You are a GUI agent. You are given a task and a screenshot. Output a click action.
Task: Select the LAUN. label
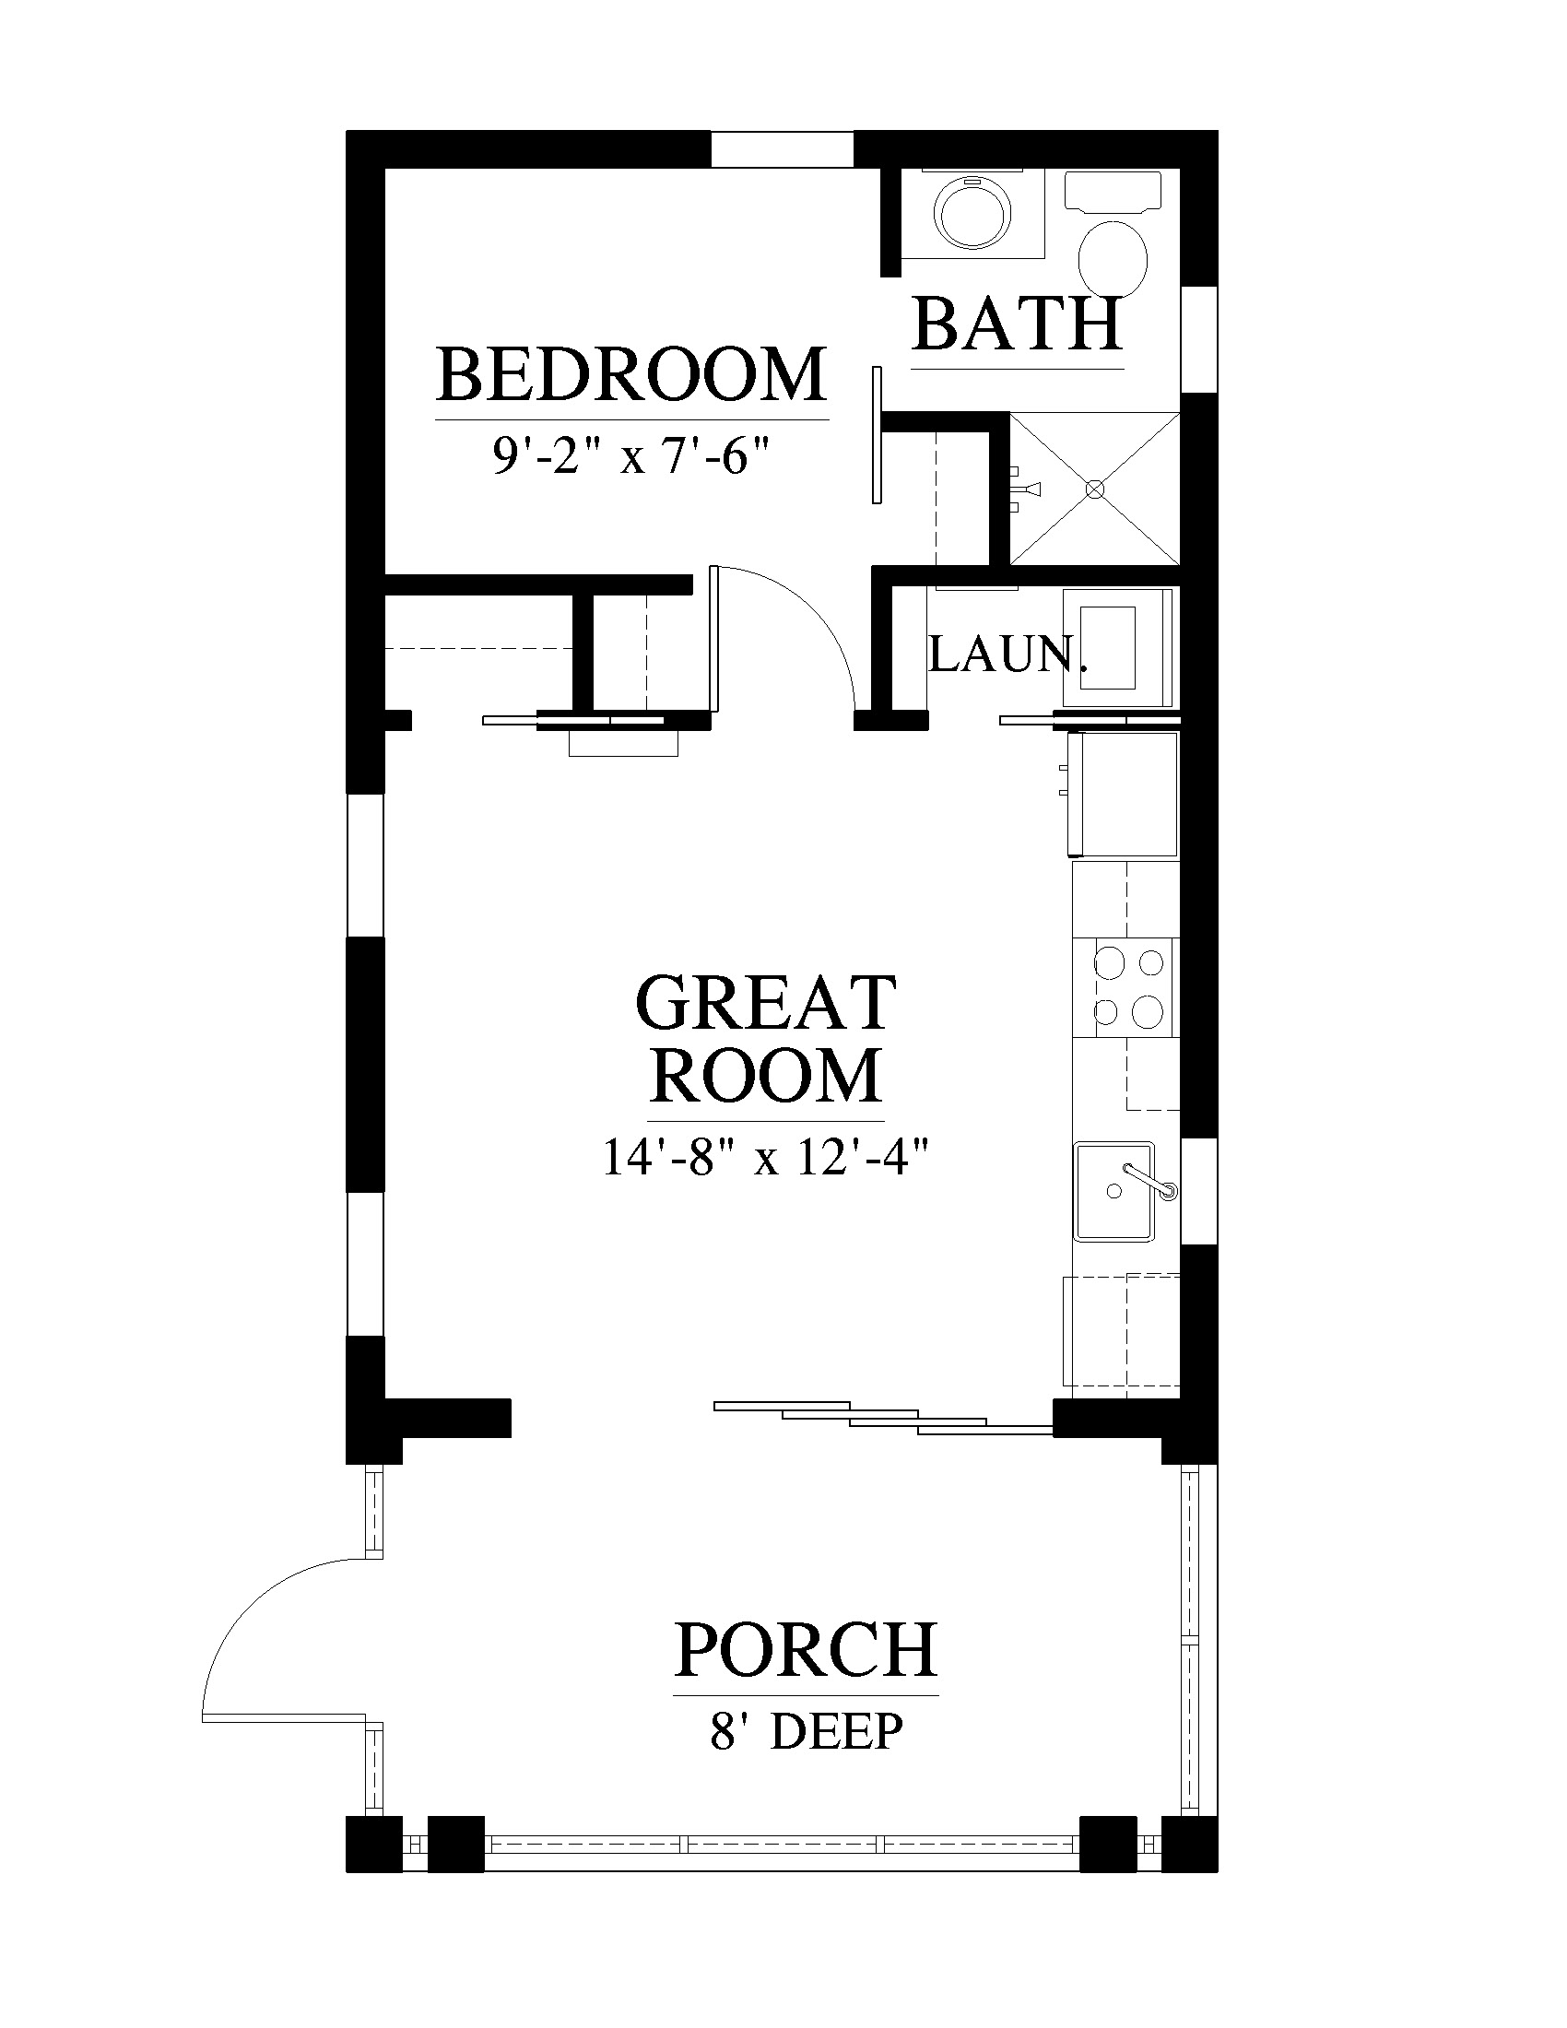[x=1007, y=655]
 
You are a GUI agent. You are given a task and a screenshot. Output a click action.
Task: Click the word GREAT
[x=766, y=1003]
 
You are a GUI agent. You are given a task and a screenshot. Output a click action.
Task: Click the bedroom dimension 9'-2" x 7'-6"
[x=632, y=456]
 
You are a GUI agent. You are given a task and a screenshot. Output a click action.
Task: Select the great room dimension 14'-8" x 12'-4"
[x=766, y=1157]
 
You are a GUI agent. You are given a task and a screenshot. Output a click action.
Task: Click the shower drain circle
[x=1095, y=489]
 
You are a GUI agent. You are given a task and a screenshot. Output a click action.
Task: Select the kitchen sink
[x=1115, y=1191]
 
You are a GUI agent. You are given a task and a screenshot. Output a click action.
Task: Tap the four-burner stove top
[x=1125, y=987]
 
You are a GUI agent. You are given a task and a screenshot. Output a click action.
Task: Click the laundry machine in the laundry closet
[x=1119, y=648]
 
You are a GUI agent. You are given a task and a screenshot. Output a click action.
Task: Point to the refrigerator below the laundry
[x=1123, y=794]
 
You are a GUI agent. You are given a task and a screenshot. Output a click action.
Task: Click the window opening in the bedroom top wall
[x=782, y=149]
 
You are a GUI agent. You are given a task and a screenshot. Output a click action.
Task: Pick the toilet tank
[x=1113, y=192]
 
